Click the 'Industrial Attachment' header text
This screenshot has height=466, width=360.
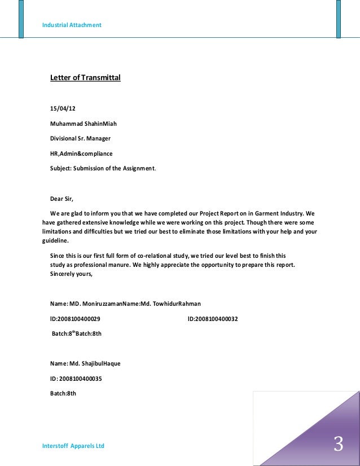click(72, 25)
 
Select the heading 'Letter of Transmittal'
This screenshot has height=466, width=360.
click(85, 77)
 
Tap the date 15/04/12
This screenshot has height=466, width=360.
click(63, 108)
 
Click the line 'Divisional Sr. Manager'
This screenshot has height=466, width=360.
click(80, 138)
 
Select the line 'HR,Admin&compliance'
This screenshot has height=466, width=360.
click(81, 153)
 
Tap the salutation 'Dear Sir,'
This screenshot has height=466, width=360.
click(62, 199)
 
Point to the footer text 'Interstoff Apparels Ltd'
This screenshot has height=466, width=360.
click(73, 446)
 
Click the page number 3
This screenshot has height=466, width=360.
click(338, 444)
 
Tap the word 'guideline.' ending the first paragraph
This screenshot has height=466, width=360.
click(55, 240)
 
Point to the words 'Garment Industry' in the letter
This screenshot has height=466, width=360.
click(279, 214)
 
